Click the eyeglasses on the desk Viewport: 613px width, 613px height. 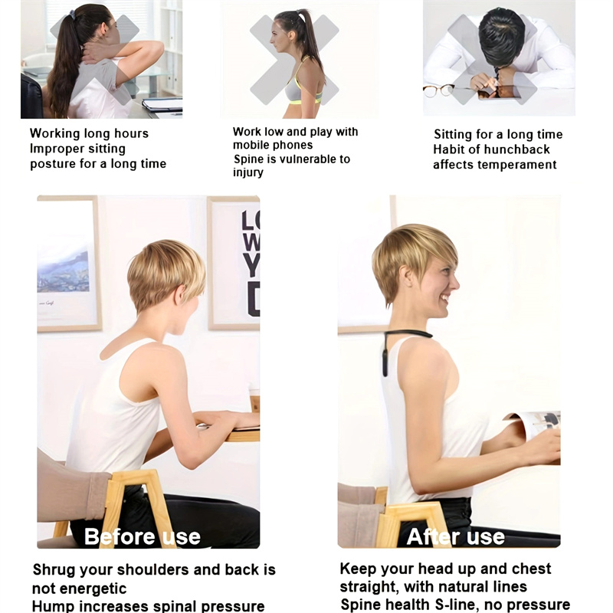(x=438, y=91)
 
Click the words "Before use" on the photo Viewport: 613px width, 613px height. (x=143, y=536)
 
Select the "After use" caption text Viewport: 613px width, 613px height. (x=455, y=537)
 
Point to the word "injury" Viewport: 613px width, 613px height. (x=248, y=173)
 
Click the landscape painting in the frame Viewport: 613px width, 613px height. (x=63, y=272)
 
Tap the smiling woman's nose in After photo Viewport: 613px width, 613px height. (x=454, y=283)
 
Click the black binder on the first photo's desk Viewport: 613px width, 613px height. (x=162, y=104)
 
